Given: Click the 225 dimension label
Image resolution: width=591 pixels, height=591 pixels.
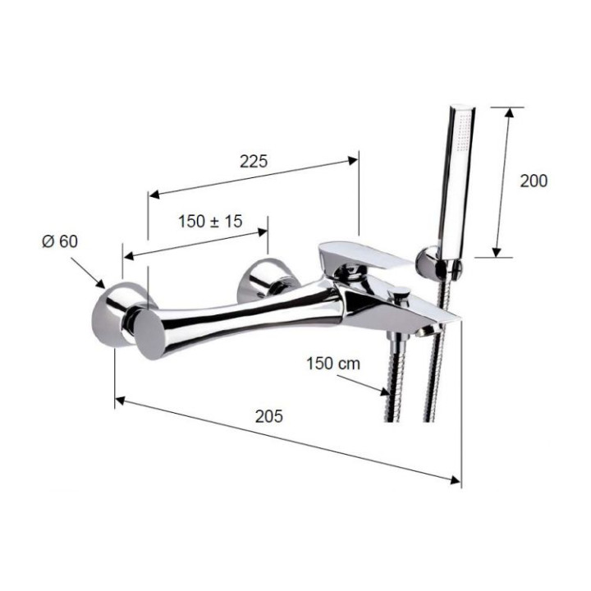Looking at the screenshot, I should (254, 162).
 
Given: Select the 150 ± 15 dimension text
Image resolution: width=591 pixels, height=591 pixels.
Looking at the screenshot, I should (210, 221).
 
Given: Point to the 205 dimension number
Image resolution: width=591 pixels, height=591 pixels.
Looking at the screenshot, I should (268, 416).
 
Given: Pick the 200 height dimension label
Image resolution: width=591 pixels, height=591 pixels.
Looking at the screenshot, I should (534, 181).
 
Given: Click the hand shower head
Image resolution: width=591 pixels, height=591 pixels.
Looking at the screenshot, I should (456, 172).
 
